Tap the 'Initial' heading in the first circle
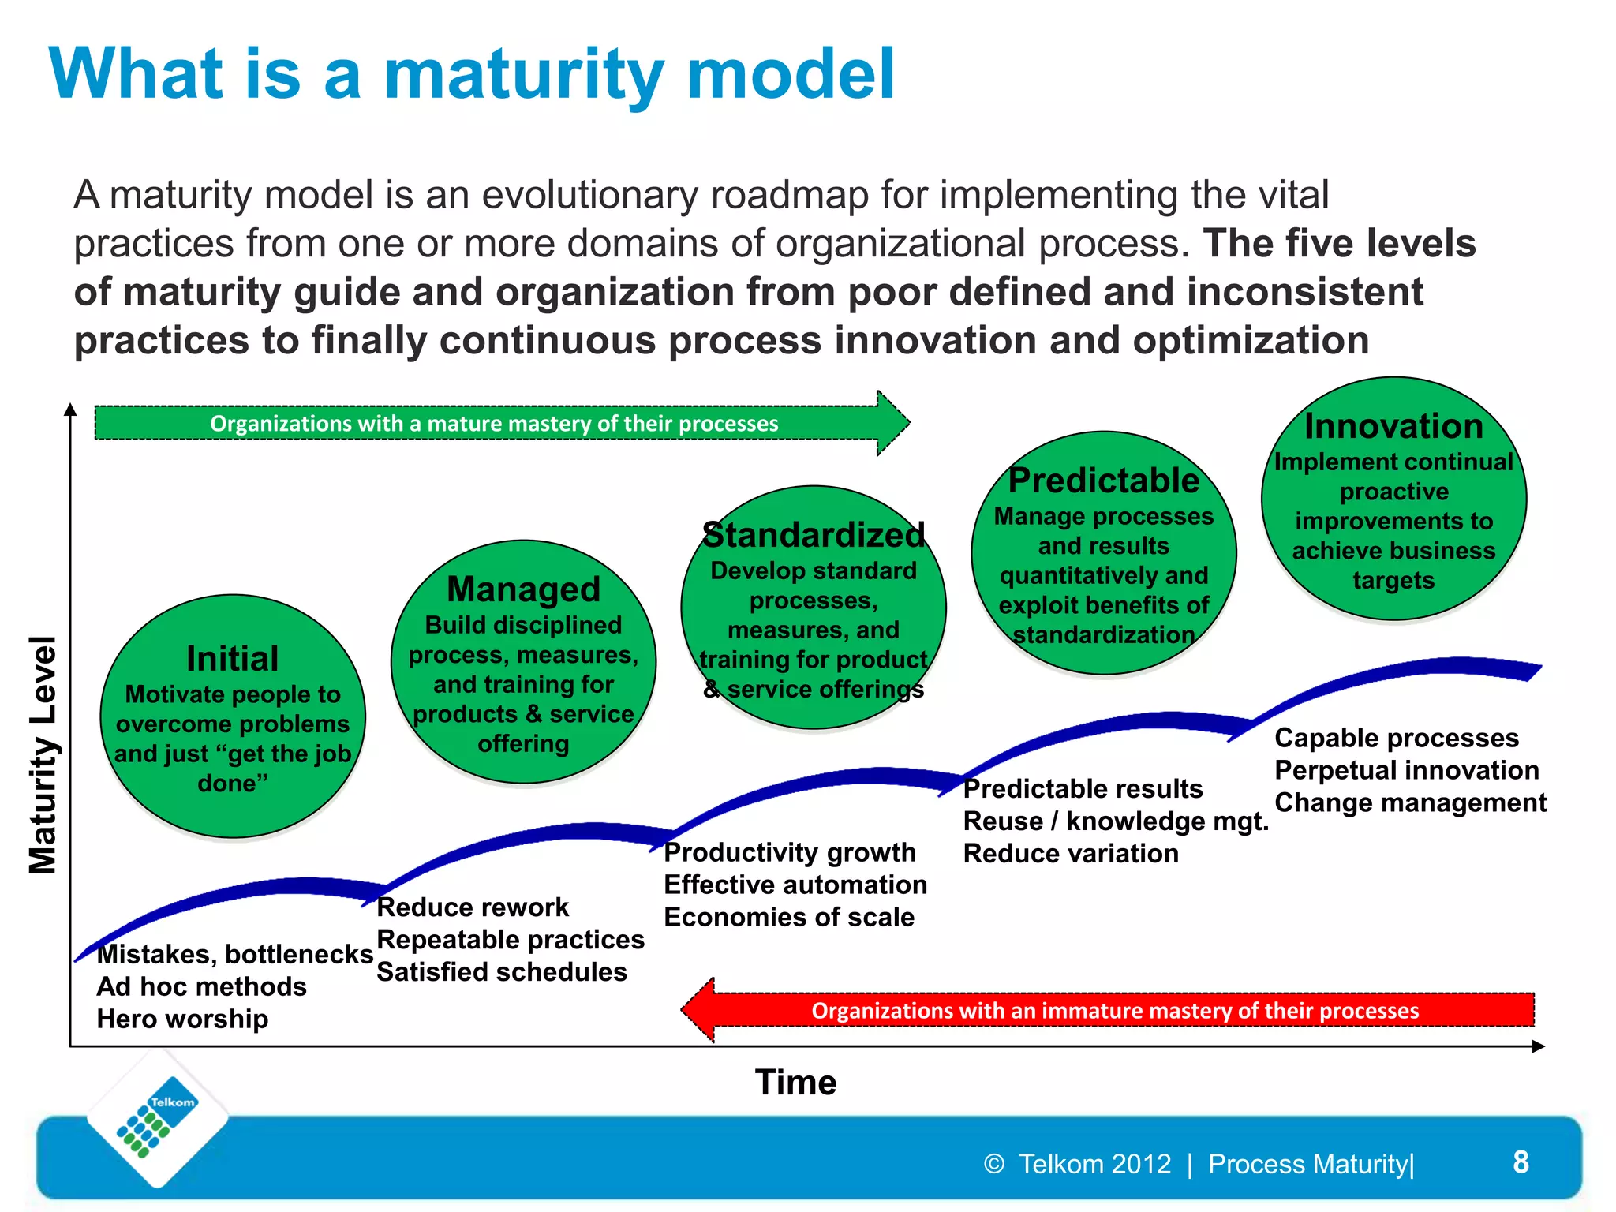pyautogui.click(x=233, y=658)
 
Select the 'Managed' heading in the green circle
pyautogui.click(x=523, y=589)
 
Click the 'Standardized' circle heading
pyautogui.click(x=814, y=535)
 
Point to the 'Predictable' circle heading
pyautogui.click(x=1103, y=481)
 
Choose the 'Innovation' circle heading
pyautogui.click(x=1393, y=426)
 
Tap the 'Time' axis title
pyautogui.click(x=795, y=1082)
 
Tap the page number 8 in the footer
pyautogui.click(x=1521, y=1162)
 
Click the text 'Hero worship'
pyautogui.click(x=182, y=1019)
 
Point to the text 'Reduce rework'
pyautogui.click(x=473, y=907)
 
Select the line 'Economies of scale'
pyautogui.click(x=789, y=917)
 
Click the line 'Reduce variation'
pyautogui.click(x=1071, y=854)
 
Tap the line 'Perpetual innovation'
pyautogui.click(x=1406, y=770)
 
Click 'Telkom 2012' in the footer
pyautogui.click(x=1094, y=1164)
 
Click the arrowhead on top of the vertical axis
pyautogui.click(x=70, y=409)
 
